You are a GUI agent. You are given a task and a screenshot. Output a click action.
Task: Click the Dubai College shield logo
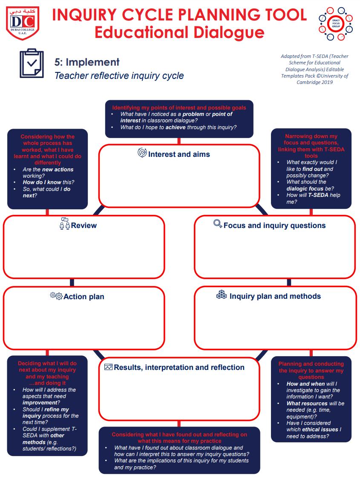point(23,23)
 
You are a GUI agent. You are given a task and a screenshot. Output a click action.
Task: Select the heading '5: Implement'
point(87,62)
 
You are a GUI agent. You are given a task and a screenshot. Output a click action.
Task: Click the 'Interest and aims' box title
point(179,154)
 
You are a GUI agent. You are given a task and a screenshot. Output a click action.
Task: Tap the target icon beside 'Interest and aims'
point(142,153)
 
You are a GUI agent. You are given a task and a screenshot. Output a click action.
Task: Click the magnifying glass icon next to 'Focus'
point(218,224)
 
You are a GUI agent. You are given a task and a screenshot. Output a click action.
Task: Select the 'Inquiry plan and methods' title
point(275,296)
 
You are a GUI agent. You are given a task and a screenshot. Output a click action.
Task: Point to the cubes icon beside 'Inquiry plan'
point(222,295)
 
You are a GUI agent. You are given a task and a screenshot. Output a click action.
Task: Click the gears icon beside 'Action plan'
point(56,296)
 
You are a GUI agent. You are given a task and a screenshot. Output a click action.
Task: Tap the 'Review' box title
point(84,225)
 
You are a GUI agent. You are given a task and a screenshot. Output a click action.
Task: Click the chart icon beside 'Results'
point(108,367)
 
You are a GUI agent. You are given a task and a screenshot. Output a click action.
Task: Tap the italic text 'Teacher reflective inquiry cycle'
point(119,76)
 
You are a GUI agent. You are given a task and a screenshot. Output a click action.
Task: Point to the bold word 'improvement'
point(40,403)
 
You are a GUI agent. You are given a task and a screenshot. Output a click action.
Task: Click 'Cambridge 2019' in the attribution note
point(314,82)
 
